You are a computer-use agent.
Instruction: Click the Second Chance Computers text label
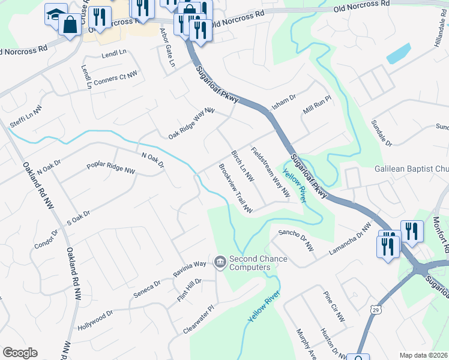point(258,263)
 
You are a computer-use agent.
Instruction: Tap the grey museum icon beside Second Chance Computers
point(220,263)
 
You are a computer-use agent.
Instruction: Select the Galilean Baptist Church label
point(412,169)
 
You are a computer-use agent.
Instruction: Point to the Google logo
point(20,352)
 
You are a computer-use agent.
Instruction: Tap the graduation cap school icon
point(55,14)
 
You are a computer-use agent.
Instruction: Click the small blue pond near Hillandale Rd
point(399,54)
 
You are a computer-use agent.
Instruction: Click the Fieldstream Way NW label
point(270,173)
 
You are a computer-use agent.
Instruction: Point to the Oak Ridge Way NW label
point(191,124)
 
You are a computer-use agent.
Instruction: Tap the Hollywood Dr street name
point(95,321)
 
